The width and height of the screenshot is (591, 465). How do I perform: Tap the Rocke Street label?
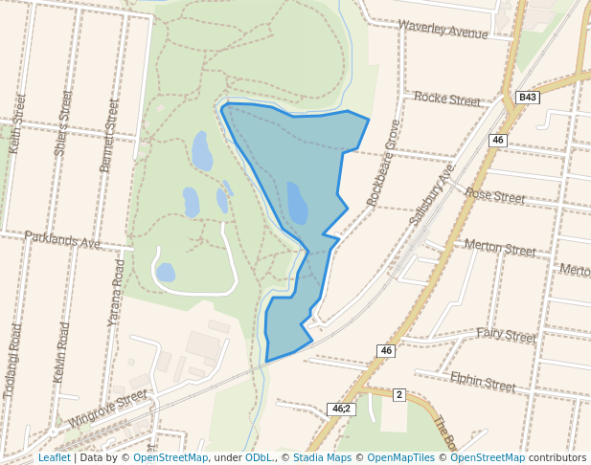tap(447, 99)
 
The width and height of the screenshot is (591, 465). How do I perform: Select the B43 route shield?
tap(528, 98)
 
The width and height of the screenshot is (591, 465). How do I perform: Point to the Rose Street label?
tap(494, 195)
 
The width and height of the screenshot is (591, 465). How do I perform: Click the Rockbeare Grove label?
tap(383, 163)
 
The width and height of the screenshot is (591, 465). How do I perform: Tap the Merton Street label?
tap(499, 248)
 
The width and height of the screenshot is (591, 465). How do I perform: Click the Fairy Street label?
tap(506, 336)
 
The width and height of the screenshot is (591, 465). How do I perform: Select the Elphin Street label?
tap(483, 383)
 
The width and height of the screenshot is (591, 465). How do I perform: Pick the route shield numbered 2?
tap(399, 394)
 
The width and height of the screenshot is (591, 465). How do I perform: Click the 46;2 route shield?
tap(341, 409)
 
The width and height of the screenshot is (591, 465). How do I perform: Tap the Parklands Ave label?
tap(62, 239)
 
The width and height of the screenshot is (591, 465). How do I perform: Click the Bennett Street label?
tap(109, 135)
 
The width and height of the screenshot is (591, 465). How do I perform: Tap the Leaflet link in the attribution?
tap(54, 457)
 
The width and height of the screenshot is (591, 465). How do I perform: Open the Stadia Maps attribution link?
tap(322, 457)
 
